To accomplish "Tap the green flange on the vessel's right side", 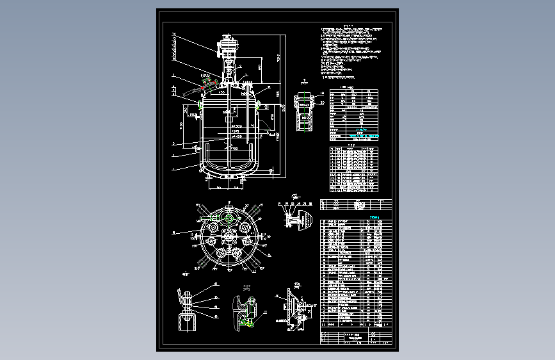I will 259,106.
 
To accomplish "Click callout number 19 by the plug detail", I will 322,94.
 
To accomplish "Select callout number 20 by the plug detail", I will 322,102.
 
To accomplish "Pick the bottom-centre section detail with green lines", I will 244,311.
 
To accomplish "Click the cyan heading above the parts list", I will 374,217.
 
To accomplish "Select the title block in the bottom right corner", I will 356,337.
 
